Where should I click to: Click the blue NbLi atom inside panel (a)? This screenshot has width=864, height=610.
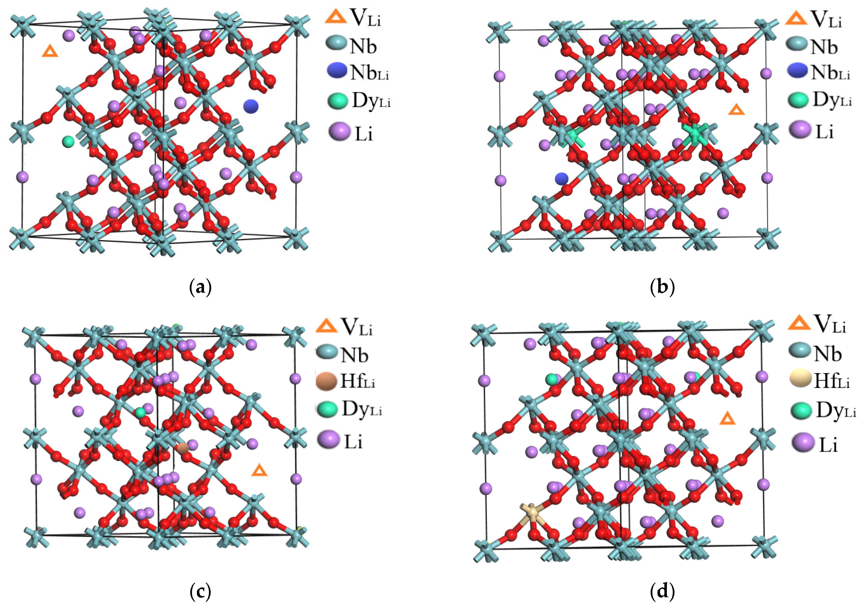pyautogui.click(x=251, y=106)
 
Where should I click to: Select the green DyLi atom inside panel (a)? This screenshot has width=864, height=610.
pyautogui.click(x=68, y=142)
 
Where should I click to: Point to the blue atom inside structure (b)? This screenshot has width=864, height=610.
pyautogui.click(x=561, y=178)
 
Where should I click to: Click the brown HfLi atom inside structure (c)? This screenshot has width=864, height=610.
pyautogui.click(x=183, y=448)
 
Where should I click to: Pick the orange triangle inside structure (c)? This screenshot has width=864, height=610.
pyautogui.click(x=259, y=470)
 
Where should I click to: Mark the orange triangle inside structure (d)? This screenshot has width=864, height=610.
pyautogui.click(x=727, y=419)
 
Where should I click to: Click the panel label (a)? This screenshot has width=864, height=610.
pyautogui.click(x=200, y=288)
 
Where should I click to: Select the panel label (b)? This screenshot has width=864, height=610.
pyautogui.click(x=662, y=288)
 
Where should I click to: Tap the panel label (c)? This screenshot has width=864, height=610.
pyautogui.click(x=200, y=592)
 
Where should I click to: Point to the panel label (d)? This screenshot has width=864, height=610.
pyautogui.click(x=662, y=592)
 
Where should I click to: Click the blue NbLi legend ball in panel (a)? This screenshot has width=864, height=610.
pyautogui.click(x=337, y=71)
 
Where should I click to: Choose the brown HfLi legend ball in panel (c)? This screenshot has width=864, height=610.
pyautogui.click(x=326, y=381)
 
